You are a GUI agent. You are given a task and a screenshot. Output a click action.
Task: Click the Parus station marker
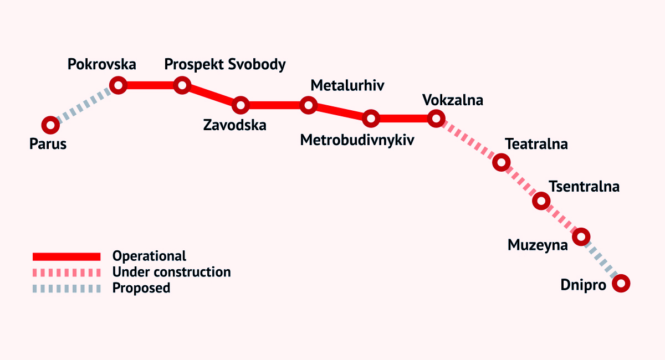[x=50, y=125]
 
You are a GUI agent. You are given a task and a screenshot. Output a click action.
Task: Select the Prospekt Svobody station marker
[x=182, y=85]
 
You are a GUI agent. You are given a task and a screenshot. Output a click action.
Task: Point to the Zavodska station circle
[x=241, y=105]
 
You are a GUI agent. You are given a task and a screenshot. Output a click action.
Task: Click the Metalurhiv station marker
[x=308, y=105]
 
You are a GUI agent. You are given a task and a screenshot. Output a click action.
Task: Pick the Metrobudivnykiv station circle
[x=371, y=118]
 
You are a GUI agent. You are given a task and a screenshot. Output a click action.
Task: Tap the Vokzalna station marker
[x=436, y=118]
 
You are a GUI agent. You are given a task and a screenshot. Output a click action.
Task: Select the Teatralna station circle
[x=501, y=162]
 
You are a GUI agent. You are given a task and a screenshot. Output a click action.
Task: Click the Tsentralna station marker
[x=541, y=200]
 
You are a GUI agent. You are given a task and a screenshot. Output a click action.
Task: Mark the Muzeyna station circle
[x=581, y=237]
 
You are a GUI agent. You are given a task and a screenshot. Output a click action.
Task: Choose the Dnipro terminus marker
[x=621, y=284]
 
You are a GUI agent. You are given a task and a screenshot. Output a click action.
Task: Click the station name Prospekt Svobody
[x=225, y=65]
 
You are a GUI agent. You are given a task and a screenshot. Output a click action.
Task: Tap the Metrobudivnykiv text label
[x=357, y=140]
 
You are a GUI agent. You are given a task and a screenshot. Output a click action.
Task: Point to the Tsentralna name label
[x=584, y=187]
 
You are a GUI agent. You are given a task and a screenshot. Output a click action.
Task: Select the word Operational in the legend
[x=149, y=256]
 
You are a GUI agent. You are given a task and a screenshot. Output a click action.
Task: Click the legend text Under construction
[x=171, y=272]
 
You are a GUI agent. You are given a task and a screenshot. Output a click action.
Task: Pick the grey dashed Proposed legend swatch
[x=66, y=288]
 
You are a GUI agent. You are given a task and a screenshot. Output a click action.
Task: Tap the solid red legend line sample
[x=66, y=256]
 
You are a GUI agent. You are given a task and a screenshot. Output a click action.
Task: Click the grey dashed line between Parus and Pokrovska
[x=84, y=105]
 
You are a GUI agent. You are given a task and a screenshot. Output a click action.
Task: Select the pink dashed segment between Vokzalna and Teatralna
[x=468, y=140]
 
